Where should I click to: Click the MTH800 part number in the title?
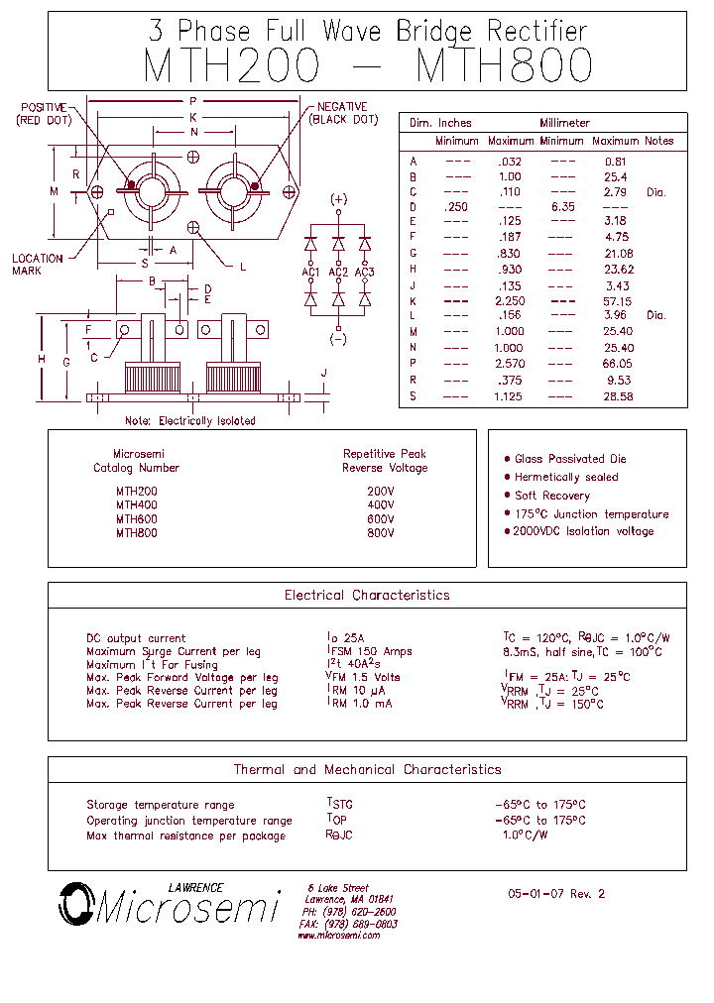[505, 66]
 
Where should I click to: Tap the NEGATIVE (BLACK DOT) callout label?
[343, 113]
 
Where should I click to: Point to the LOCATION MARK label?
[38, 265]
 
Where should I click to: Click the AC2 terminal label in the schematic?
[338, 273]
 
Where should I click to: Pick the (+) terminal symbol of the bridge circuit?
[338, 199]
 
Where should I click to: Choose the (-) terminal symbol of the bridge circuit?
[338, 340]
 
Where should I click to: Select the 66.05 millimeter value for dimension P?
[619, 364]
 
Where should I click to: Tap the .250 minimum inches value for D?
[456, 206]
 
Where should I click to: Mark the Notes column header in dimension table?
[658, 141]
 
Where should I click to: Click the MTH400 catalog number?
[136, 504]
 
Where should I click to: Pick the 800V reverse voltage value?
[381, 532]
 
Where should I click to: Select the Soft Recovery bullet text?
[551, 496]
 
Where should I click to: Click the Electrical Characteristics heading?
[367, 596]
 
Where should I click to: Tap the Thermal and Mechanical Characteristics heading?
[367, 769]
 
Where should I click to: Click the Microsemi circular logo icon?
[74, 903]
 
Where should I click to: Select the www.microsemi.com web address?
[338, 936]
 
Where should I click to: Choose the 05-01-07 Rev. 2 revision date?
[555, 893]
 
